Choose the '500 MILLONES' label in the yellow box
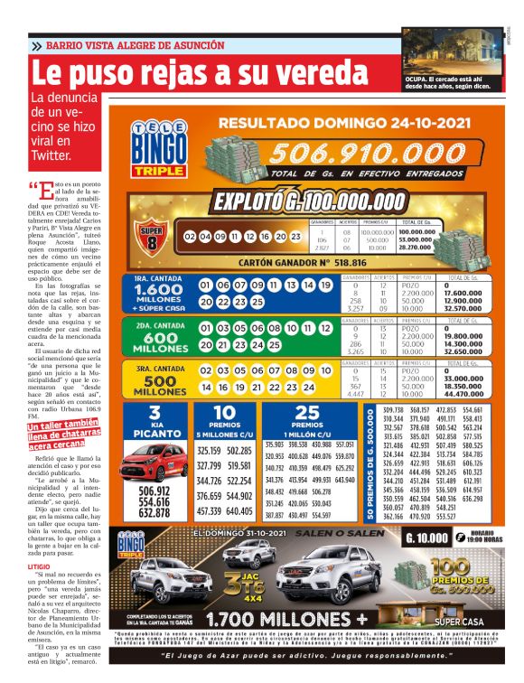159,387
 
